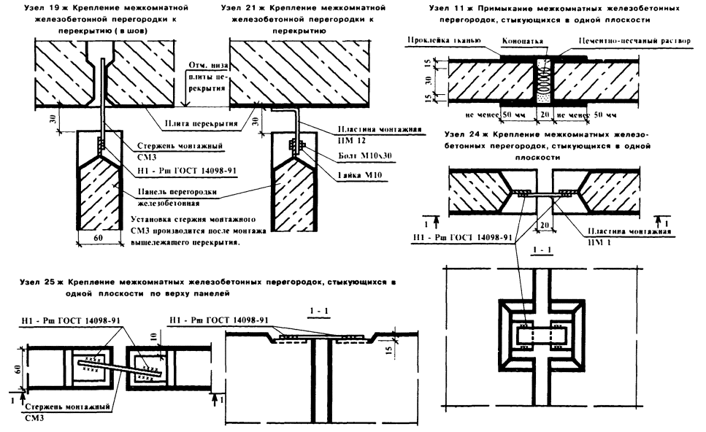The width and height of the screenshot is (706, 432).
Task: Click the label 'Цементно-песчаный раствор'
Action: [x=634, y=42]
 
